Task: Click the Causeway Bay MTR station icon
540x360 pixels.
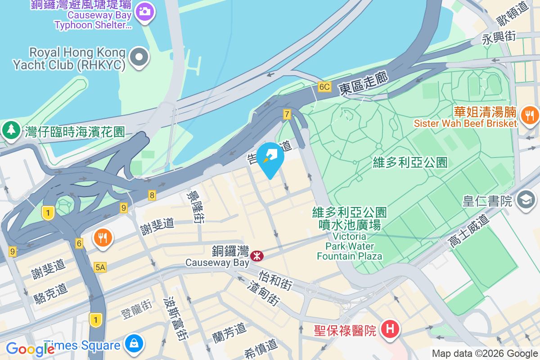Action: click(257, 256)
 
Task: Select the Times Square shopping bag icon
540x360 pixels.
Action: click(134, 344)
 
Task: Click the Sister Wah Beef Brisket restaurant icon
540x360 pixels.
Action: click(530, 115)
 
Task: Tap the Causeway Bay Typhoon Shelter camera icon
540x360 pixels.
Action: click(144, 11)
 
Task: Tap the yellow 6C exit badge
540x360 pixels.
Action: click(324, 87)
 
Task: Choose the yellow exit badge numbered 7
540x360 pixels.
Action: click(287, 114)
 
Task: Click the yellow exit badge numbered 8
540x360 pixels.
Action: click(152, 195)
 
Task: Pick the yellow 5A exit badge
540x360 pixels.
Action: click(100, 268)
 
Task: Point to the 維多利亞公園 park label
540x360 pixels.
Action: click(410, 162)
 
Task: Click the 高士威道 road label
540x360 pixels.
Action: click(468, 231)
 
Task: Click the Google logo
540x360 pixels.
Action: click(31, 349)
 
